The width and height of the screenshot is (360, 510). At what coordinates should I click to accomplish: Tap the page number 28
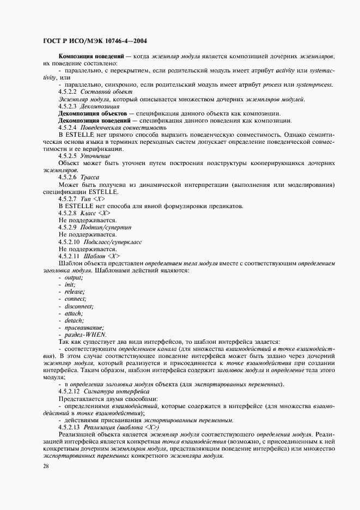click(45, 466)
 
